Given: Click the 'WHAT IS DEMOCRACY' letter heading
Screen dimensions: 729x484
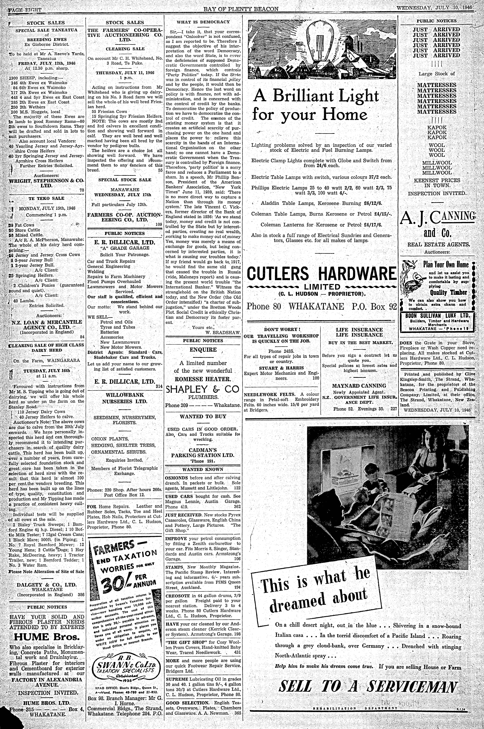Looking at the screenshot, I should coord(203,22).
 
